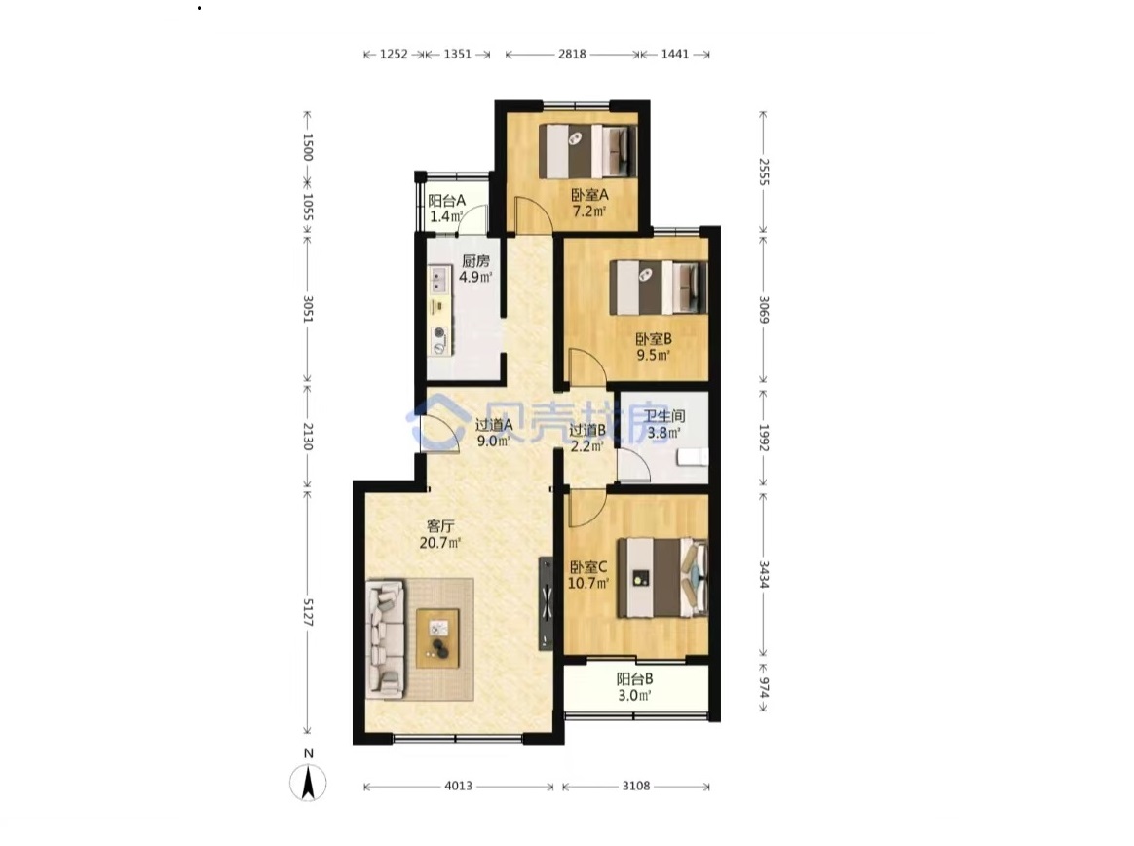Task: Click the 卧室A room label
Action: click(589, 195)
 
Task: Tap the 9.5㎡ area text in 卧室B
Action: click(653, 355)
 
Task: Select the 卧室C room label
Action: click(588, 566)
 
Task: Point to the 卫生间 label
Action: click(664, 416)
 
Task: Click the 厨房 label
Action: click(475, 260)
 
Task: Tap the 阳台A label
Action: click(446, 201)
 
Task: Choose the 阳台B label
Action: click(634, 678)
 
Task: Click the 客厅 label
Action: click(439, 526)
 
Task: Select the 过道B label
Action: click(586, 430)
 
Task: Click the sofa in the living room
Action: click(386, 638)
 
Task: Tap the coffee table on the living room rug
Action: click(437, 638)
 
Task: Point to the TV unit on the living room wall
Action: click(546, 603)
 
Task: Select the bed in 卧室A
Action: click(588, 151)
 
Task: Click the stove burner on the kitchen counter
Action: click(439, 332)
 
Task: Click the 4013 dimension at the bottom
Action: click(458, 786)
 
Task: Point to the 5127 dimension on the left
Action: click(307, 612)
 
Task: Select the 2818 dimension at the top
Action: click(571, 54)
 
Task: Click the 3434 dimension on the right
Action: click(763, 574)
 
